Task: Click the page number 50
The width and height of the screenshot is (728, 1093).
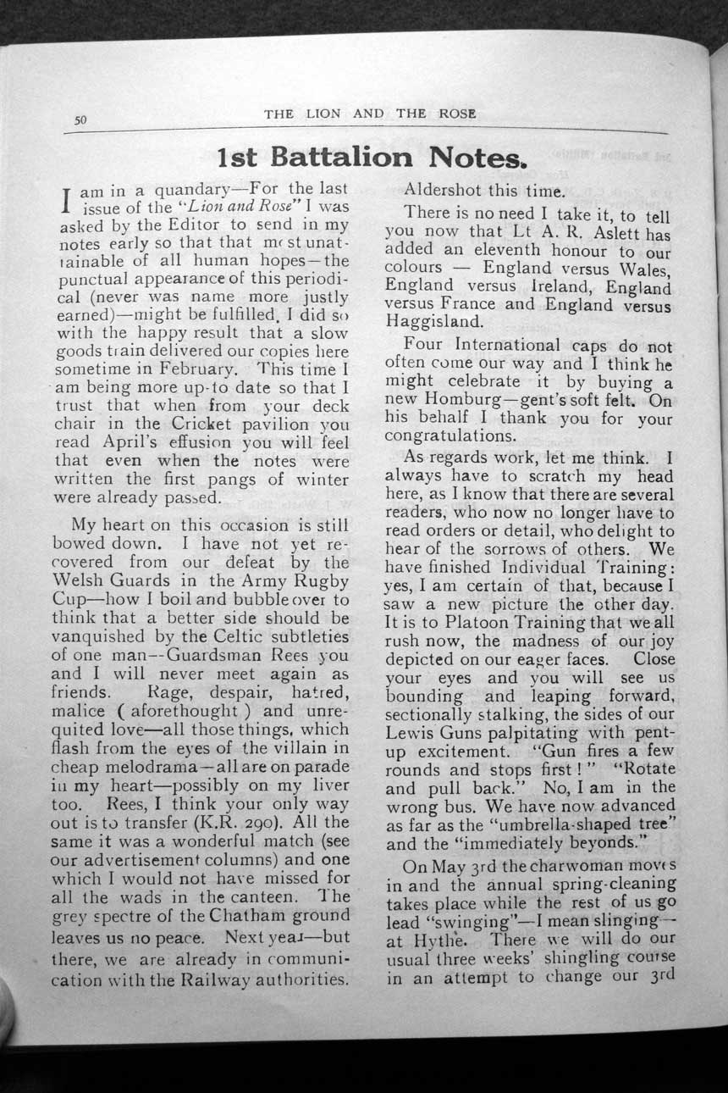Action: point(81,120)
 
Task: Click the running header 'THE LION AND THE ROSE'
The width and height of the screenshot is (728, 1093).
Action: point(370,113)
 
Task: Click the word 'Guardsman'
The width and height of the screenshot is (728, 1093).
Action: point(190,654)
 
